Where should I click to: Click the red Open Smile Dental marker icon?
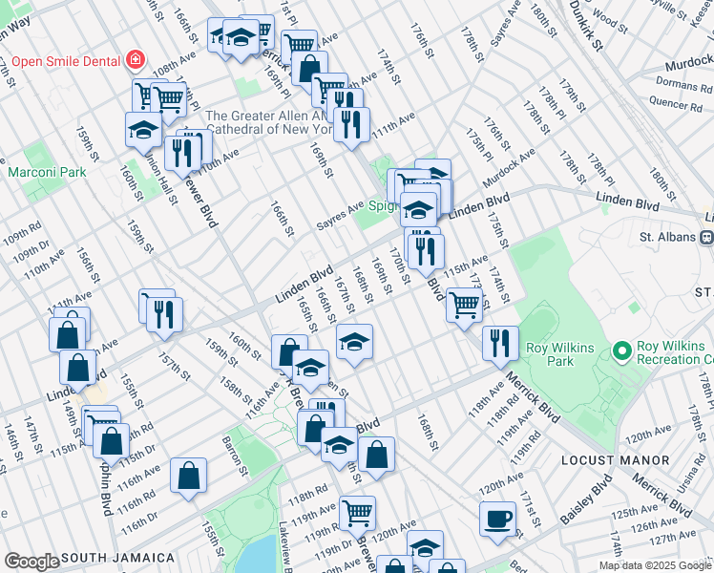pos(136,60)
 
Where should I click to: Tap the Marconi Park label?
pos(48,172)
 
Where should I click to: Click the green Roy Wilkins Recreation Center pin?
pos(623,352)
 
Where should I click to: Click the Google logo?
pos(31,562)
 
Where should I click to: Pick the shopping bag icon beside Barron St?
pos(189,477)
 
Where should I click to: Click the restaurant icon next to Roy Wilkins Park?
pos(499,344)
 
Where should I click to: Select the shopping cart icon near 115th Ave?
pos(464,306)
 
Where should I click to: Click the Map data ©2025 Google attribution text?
pos(654,565)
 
